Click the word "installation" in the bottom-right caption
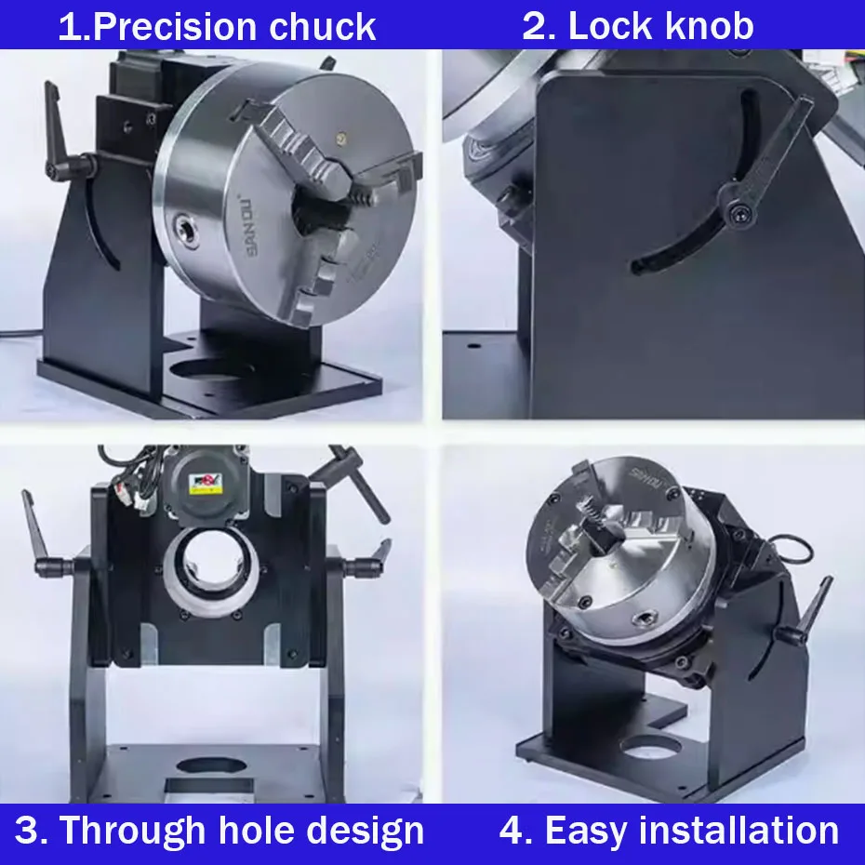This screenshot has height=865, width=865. point(739,830)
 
